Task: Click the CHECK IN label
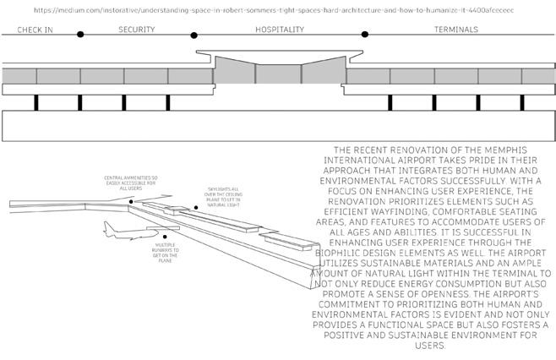(35, 30)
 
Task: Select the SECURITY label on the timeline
(137, 30)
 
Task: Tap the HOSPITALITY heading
(280, 30)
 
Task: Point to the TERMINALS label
(456, 30)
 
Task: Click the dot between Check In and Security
(80, 35)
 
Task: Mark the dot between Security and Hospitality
(194, 35)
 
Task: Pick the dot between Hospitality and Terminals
(365, 35)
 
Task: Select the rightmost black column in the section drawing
(522, 102)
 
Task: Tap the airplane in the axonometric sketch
(118, 231)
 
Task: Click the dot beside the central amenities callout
(132, 201)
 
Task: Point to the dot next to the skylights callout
(196, 207)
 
